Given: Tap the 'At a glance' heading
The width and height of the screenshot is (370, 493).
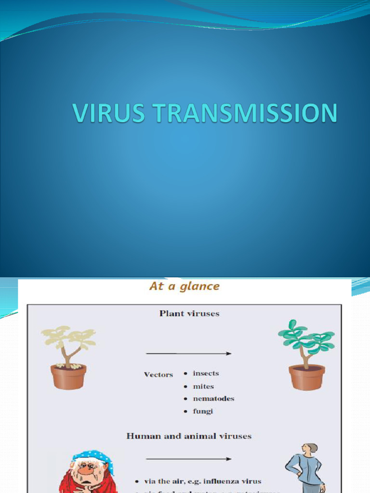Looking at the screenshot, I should [x=184, y=286].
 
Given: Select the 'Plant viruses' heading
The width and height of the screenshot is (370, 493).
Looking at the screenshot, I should [x=189, y=313].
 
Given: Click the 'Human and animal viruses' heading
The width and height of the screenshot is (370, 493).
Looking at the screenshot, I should [x=189, y=436].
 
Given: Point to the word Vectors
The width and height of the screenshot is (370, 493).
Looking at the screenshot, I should [x=159, y=375].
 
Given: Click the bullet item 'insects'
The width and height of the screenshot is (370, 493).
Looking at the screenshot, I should [x=206, y=374].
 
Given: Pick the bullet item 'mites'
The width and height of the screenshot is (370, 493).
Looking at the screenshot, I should [x=203, y=386].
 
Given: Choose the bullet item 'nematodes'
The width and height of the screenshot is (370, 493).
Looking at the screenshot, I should [x=213, y=399].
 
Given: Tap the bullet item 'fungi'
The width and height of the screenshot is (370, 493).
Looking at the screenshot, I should [x=203, y=411].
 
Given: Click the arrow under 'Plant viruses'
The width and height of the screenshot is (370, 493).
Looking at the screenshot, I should [x=188, y=353].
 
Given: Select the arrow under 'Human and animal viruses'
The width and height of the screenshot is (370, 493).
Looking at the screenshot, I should [x=188, y=459].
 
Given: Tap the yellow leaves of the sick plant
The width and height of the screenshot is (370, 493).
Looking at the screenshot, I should [x=67, y=337].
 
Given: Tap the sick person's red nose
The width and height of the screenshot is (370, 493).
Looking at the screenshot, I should [x=86, y=470].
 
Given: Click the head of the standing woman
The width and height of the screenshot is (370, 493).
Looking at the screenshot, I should [x=311, y=448].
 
